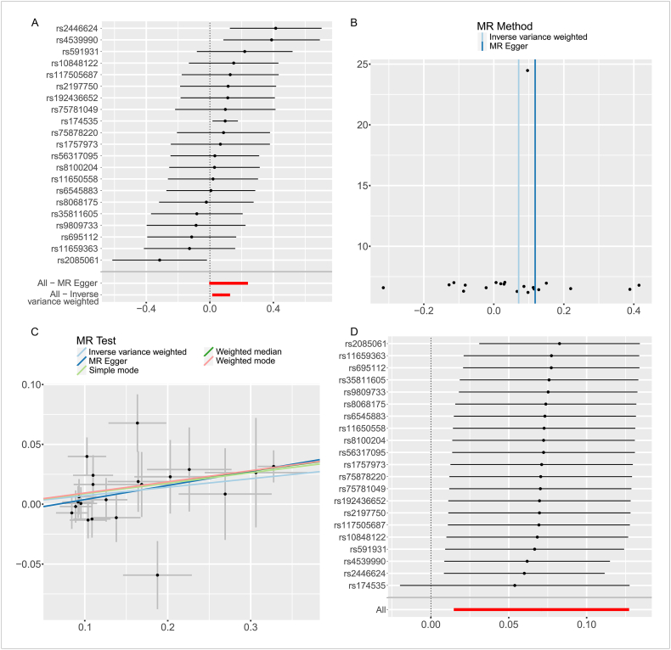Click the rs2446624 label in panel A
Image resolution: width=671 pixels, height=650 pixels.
[x=77, y=29]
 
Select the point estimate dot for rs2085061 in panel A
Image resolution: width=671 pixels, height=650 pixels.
[x=160, y=260]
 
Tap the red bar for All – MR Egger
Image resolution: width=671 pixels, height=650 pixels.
[x=228, y=283]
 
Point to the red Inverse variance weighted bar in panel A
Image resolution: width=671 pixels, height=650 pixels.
[x=221, y=294]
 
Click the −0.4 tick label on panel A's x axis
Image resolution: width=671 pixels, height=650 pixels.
[x=145, y=309]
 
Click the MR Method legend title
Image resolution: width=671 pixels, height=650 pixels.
[x=505, y=26]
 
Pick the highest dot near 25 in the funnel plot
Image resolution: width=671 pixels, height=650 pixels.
[x=527, y=70]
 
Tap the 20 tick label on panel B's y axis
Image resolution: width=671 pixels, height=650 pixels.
[x=362, y=125]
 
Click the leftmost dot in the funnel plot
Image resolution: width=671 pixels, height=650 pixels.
[x=383, y=288]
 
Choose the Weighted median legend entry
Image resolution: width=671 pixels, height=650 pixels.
[x=243, y=351]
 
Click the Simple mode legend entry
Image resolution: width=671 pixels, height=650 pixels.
[x=108, y=370]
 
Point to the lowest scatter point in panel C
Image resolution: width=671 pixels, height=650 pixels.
[x=157, y=575]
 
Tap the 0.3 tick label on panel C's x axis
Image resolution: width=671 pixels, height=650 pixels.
[x=251, y=627]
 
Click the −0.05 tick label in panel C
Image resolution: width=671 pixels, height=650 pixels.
[x=28, y=564]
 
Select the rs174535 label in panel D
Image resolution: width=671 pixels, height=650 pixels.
[x=368, y=586]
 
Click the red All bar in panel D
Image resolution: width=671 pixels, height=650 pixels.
[x=541, y=609]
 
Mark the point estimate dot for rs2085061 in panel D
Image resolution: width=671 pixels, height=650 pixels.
[x=560, y=344]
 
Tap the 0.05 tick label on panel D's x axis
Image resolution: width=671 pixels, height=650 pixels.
[x=509, y=625]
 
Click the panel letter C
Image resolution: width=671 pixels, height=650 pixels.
[x=35, y=333]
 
